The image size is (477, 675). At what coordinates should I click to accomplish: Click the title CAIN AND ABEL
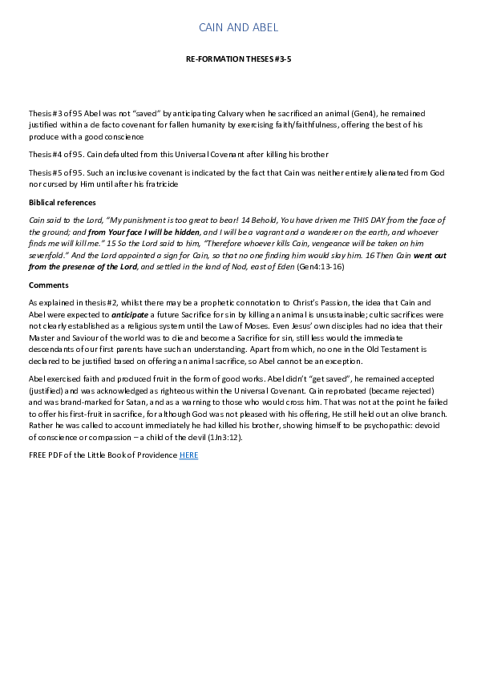(x=238, y=28)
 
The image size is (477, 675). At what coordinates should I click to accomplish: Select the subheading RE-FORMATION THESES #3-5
(x=238, y=59)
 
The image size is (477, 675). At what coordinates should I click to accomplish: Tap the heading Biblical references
(x=62, y=203)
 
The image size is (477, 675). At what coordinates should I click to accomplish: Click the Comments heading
(x=48, y=285)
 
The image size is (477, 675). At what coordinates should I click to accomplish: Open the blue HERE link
(x=188, y=455)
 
